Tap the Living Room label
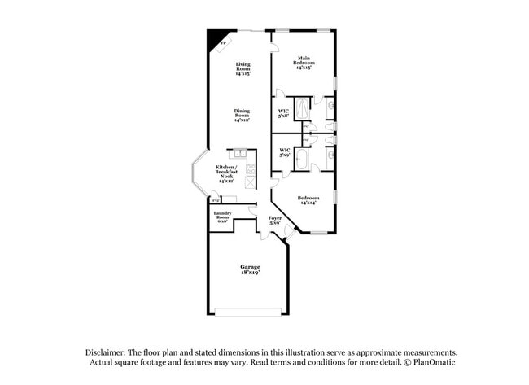(243, 68)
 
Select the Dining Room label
(242, 116)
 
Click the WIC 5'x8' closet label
(284, 113)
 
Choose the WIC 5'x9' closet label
(285, 152)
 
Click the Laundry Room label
(222, 217)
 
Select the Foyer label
(275, 220)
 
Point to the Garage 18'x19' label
(249, 269)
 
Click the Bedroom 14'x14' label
(308, 200)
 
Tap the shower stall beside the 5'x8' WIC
(302, 108)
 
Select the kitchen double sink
(240, 152)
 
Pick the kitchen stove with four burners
(251, 170)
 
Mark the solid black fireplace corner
(216, 38)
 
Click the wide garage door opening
(249, 311)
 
